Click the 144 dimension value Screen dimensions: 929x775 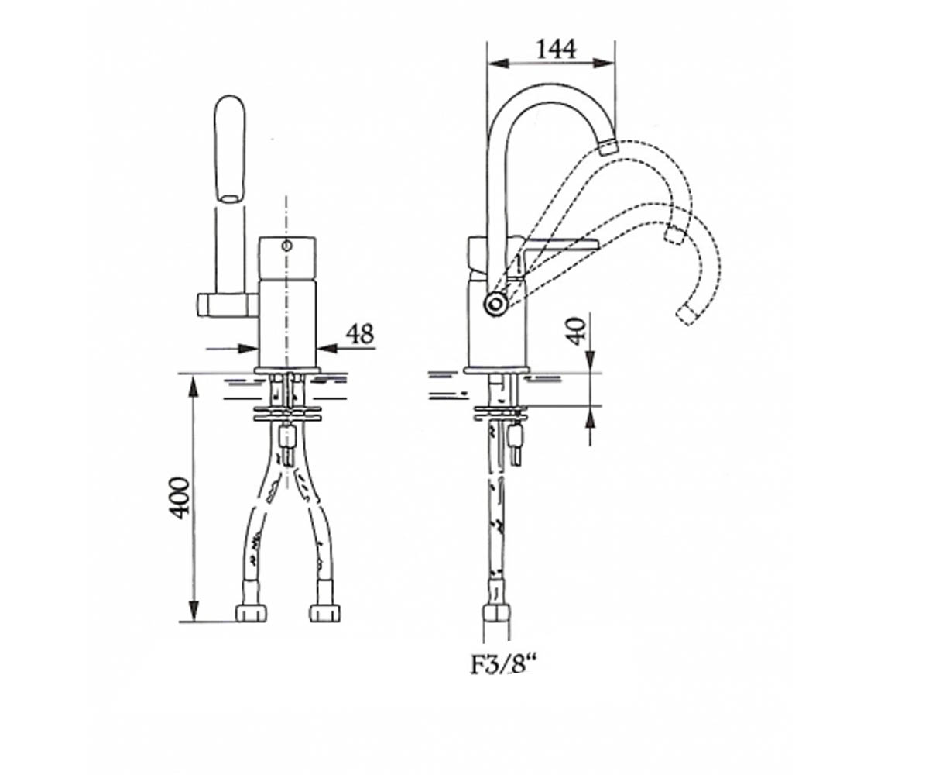point(556,49)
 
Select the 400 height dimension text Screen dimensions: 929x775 point(180,498)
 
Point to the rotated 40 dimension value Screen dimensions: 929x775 point(578,331)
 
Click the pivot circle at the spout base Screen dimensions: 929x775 point(495,305)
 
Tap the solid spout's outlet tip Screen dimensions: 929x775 point(608,147)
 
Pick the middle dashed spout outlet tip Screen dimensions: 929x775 point(674,234)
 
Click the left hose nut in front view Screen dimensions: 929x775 point(252,612)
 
